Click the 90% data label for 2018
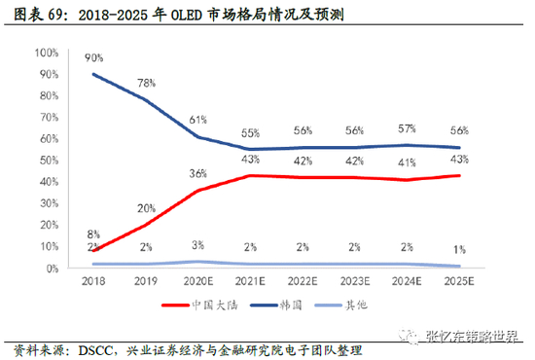coord(93,58)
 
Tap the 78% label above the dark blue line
coord(146,83)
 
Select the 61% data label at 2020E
coord(198,120)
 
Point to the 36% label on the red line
coord(198,174)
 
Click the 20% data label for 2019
coord(146,208)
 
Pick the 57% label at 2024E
coord(407,128)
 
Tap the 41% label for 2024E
coord(407,162)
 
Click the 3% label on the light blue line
coord(197,245)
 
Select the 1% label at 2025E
coord(459,250)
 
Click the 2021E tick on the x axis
coord(250,281)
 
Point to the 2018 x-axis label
coord(93,281)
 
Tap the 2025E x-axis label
coord(459,281)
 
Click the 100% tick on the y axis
coord(47,53)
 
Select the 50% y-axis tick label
coord(50,161)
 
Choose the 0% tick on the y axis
coord(53,269)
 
